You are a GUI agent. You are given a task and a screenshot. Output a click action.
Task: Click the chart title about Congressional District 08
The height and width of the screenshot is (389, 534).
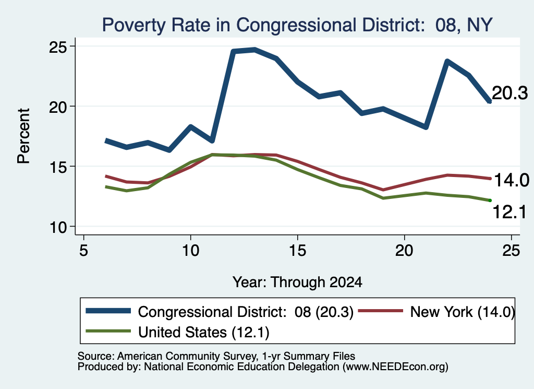click(x=297, y=25)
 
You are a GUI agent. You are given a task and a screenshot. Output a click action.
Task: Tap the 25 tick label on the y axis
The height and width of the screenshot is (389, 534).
click(x=58, y=47)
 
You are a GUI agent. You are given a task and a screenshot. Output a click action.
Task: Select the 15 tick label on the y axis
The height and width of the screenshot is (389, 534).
click(x=58, y=167)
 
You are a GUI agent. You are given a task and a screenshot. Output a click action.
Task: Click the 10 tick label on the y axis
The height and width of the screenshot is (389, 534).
click(x=58, y=227)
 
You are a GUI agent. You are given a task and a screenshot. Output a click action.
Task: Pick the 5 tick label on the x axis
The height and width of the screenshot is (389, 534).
click(x=83, y=251)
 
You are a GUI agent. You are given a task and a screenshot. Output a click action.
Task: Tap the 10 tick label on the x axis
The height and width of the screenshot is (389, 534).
click(x=190, y=251)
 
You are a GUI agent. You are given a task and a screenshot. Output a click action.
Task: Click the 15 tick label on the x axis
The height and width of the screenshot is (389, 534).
click(x=297, y=251)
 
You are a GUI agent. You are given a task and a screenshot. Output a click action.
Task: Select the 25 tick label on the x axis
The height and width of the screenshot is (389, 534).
click(x=511, y=251)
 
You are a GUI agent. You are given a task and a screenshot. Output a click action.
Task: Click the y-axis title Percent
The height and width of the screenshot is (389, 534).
click(x=23, y=136)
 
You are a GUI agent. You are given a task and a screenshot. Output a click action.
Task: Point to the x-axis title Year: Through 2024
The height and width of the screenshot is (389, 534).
click(x=297, y=282)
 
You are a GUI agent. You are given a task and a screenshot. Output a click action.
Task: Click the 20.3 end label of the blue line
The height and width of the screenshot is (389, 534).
click(x=510, y=93)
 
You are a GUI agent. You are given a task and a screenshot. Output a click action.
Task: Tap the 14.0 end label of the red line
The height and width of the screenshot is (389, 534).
click(x=511, y=180)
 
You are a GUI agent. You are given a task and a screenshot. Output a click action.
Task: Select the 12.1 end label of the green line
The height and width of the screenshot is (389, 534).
click(x=509, y=212)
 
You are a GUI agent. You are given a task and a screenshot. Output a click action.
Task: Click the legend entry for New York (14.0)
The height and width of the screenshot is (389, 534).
click(x=462, y=312)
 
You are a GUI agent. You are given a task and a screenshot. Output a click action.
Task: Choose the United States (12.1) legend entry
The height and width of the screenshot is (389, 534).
click(x=204, y=333)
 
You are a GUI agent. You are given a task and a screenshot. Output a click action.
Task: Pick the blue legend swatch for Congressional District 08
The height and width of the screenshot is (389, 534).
click(x=108, y=311)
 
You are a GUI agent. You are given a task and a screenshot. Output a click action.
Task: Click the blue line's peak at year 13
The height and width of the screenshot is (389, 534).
click(x=254, y=50)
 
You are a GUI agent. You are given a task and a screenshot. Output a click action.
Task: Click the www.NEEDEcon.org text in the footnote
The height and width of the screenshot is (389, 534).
click(x=395, y=367)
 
